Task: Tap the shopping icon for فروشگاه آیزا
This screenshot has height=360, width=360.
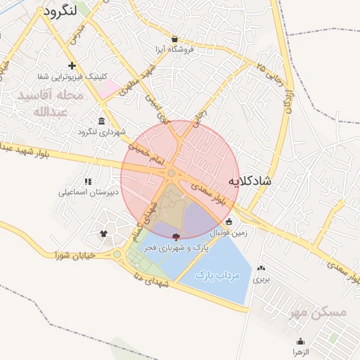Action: click(174, 39)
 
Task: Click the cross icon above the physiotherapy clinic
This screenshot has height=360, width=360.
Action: click(72, 65)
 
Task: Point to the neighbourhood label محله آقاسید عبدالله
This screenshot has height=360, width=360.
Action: click(51, 103)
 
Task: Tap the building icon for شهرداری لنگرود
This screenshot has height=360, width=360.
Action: click(103, 120)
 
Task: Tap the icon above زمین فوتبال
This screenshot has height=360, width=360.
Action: click(229, 221)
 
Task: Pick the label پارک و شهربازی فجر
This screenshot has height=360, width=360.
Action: click(178, 247)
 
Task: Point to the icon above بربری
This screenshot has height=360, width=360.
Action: click(262, 268)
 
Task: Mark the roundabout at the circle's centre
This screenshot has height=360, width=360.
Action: click(172, 173)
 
